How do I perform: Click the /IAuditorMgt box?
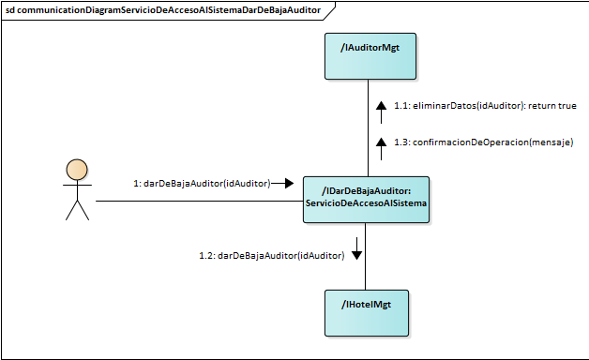[366, 55]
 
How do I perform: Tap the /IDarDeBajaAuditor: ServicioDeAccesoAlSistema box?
[366, 200]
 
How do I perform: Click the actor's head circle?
[77, 170]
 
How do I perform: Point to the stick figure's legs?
[77, 210]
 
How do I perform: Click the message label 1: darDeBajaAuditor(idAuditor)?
[202, 184]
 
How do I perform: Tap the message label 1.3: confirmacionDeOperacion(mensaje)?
[483, 142]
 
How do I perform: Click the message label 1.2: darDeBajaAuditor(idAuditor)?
[271, 255]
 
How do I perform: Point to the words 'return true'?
[552, 106]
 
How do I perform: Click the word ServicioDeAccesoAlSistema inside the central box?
[366, 205]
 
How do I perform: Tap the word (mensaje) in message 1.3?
[551, 142]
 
